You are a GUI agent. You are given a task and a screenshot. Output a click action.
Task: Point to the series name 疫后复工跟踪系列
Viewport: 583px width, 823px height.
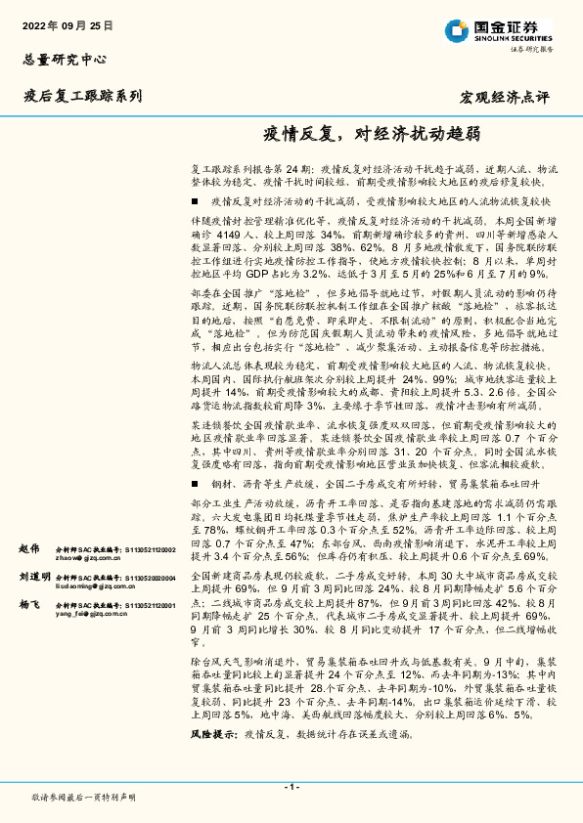(x=82, y=96)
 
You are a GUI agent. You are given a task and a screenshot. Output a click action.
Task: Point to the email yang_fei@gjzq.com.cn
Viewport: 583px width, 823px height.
(x=90, y=616)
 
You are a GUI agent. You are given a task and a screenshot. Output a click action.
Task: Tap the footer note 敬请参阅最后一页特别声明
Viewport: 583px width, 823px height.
(x=82, y=799)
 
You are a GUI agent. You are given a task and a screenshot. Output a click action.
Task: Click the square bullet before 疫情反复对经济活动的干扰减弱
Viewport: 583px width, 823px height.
(x=197, y=200)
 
